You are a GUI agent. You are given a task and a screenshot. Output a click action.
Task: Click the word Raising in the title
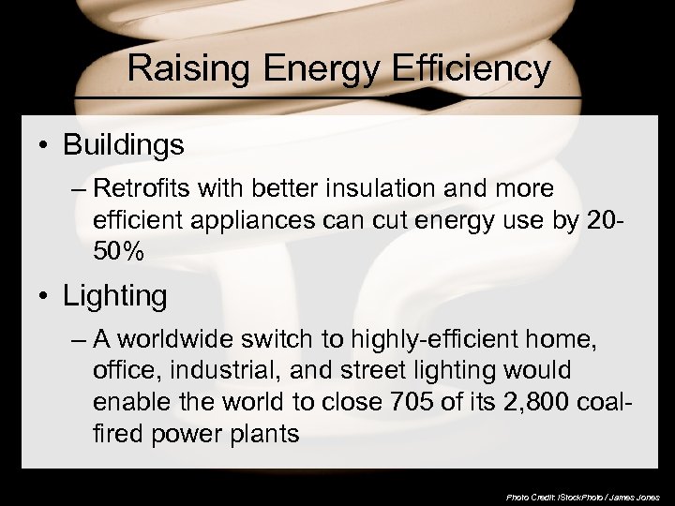pyautogui.click(x=183, y=68)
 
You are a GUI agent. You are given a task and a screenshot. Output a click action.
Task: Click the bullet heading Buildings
pyautogui.click(x=123, y=146)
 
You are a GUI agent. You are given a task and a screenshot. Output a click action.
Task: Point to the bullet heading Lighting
pyautogui.click(x=114, y=297)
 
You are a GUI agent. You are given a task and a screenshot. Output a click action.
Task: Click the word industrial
pyautogui.click(x=213, y=372)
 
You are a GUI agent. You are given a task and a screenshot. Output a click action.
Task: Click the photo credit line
pyautogui.click(x=582, y=495)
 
